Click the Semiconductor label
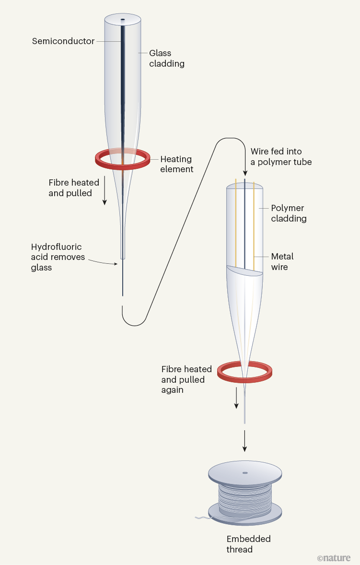tap(63, 41)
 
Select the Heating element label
tap(176, 164)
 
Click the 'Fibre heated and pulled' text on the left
tap(74, 188)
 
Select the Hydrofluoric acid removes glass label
tap(58, 257)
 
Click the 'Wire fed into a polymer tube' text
tap(281, 157)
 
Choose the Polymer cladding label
tap(289, 213)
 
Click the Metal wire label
tap(282, 261)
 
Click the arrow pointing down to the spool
tap(245, 441)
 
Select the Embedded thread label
tap(248, 544)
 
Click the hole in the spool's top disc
tap(245, 473)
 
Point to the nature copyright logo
tap(334, 558)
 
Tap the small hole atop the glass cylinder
tap(123, 20)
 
